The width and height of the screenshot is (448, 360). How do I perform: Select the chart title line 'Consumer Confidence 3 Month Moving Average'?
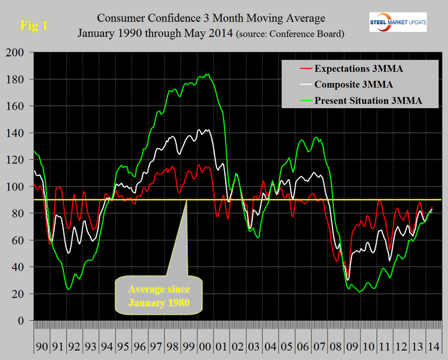(x=210, y=18)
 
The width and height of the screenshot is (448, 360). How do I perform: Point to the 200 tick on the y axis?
(x=19, y=52)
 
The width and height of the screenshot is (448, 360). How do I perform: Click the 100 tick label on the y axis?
(x=19, y=186)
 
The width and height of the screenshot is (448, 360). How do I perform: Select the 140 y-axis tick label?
(x=19, y=133)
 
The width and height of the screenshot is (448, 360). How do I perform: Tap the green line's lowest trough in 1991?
(x=68, y=289)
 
